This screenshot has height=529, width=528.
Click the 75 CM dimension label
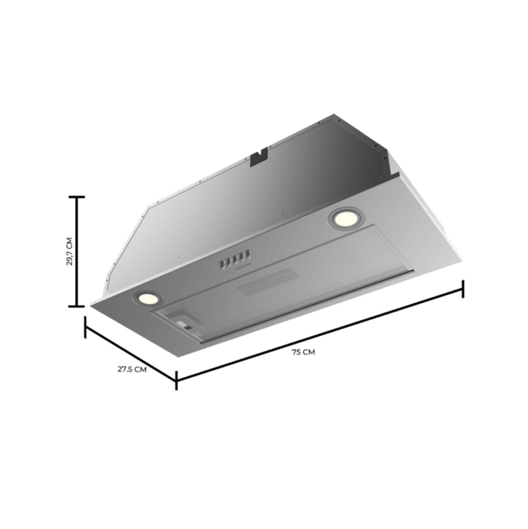pos(303,352)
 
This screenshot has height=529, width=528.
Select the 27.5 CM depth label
pos(132,369)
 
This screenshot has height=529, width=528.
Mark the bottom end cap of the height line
pos(77,306)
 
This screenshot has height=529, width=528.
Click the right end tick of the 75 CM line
pos(462,289)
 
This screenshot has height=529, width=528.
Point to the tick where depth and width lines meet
pos(176,380)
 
